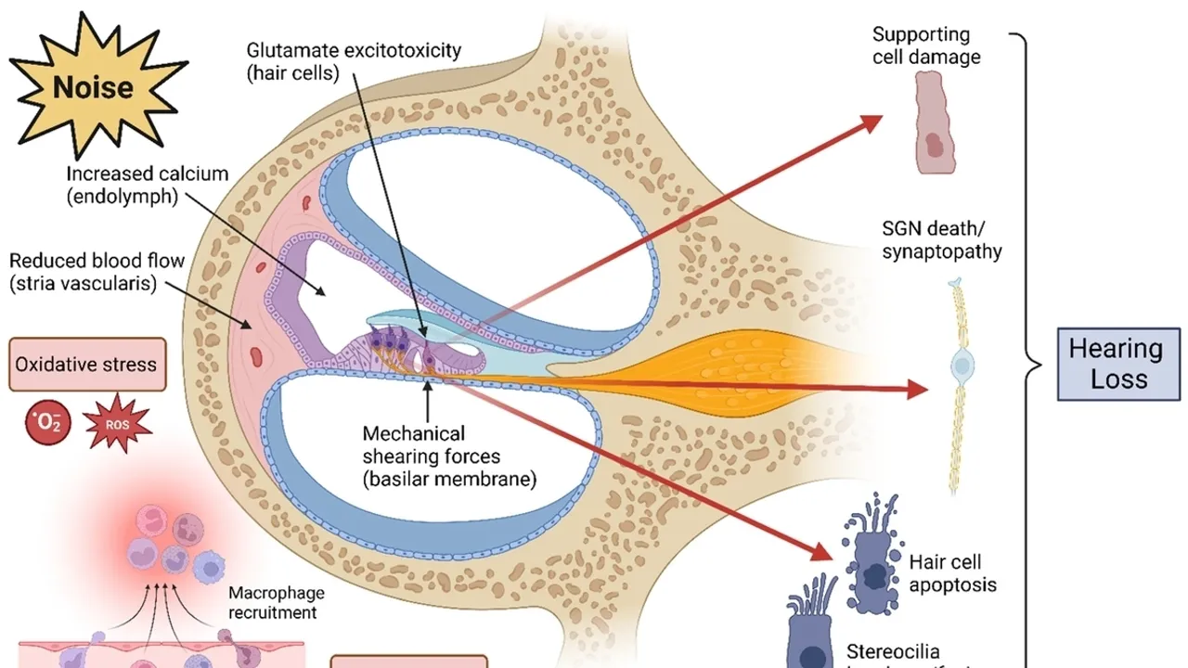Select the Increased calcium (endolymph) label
[146, 185]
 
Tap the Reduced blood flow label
[84, 272]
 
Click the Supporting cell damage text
[924, 45]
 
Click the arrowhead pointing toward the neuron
[916, 390]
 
